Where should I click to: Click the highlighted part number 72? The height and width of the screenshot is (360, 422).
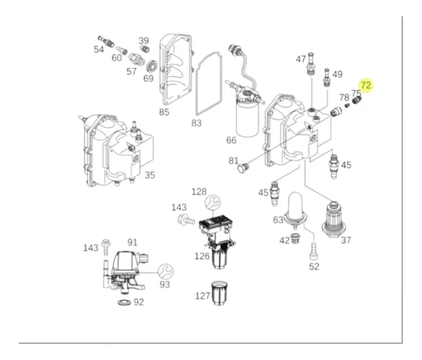coord(365,85)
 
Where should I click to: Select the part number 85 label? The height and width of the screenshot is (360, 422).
coord(164,111)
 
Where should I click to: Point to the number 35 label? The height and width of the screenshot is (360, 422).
coord(150,175)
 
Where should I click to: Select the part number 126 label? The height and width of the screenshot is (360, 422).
coord(202,256)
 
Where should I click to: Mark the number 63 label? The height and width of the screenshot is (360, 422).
coord(278,220)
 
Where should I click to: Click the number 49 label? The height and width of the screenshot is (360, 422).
coord(338,75)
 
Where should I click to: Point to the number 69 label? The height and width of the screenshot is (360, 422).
coord(148,78)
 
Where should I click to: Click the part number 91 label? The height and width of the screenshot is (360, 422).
coord(133,243)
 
